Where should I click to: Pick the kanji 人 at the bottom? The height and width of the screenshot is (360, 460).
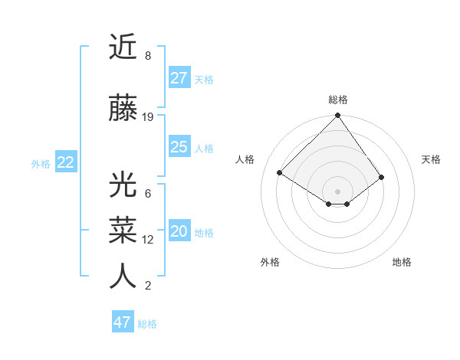pos(123,277)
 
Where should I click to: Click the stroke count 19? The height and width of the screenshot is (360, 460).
pos(148,117)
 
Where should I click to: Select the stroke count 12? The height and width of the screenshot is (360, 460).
pos(148,240)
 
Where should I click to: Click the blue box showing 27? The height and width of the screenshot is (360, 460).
pos(179,78)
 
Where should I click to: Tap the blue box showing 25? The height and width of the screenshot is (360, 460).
pos(179,147)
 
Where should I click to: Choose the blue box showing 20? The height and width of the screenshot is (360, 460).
pos(179,232)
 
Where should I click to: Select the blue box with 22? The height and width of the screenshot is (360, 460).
pos(66,162)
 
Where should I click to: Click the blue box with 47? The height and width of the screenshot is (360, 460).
pos(123,322)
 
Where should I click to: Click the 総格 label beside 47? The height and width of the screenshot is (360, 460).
pos(147,324)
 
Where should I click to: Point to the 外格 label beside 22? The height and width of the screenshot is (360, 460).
pos(41,163)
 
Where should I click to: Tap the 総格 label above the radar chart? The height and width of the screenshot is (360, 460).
pos(338,100)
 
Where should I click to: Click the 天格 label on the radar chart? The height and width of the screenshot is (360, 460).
pos(431,159)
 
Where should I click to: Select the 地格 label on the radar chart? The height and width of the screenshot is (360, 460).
pos(402,262)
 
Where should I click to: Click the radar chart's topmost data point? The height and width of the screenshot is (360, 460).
pos(337,116)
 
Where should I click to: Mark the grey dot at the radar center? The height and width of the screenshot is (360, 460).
pos(337,190)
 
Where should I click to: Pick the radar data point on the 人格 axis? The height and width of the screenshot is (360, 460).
pos(280,172)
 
